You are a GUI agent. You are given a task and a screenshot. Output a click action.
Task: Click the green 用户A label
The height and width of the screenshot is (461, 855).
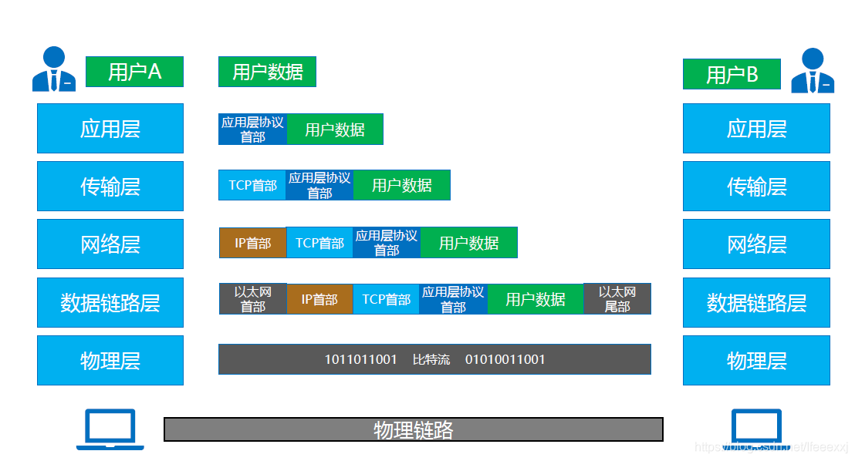click(x=134, y=72)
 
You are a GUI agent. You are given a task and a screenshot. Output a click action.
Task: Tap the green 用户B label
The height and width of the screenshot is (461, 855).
click(x=732, y=74)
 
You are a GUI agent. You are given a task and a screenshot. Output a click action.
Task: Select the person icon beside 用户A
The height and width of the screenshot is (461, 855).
click(x=54, y=69)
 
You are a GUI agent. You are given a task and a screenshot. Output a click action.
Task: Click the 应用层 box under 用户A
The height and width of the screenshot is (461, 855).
click(x=110, y=128)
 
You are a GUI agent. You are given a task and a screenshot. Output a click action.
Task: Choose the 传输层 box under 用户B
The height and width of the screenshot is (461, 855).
click(x=756, y=186)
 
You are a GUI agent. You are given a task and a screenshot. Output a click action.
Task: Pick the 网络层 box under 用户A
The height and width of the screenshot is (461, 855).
click(x=110, y=244)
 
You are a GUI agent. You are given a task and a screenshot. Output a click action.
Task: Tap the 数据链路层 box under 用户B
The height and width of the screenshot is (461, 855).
click(x=756, y=302)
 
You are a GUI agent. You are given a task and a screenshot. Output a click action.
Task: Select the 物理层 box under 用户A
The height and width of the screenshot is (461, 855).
click(x=110, y=360)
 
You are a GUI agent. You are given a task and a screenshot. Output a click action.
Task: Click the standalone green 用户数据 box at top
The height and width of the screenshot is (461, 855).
click(x=267, y=72)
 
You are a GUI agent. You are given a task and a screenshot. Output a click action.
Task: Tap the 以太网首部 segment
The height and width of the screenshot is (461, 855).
click(x=252, y=299)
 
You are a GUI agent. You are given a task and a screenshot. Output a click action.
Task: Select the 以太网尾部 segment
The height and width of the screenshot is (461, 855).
click(x=617, y=299)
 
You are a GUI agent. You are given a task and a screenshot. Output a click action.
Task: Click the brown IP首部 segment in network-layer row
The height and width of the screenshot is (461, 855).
click(x=252, y=243)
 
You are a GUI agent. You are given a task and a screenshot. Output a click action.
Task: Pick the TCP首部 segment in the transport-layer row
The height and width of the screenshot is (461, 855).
click(x=252, y=185)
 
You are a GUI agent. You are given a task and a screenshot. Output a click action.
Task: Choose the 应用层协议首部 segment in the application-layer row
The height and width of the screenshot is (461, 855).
click(x=252, y=130)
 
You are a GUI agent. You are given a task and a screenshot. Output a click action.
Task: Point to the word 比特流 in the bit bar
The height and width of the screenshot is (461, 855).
click(x=431, y=359)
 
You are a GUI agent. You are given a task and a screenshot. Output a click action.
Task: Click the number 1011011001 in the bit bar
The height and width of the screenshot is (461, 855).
click(x=360, y=359)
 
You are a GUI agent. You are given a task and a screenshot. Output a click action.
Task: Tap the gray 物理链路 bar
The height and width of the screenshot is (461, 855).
click(x=413, y=429)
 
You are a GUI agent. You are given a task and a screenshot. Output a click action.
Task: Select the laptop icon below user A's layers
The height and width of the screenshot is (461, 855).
click(x=110, y=429)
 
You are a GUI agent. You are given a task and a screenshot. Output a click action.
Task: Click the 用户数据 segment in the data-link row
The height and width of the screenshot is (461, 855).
click(x=536, y=299)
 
